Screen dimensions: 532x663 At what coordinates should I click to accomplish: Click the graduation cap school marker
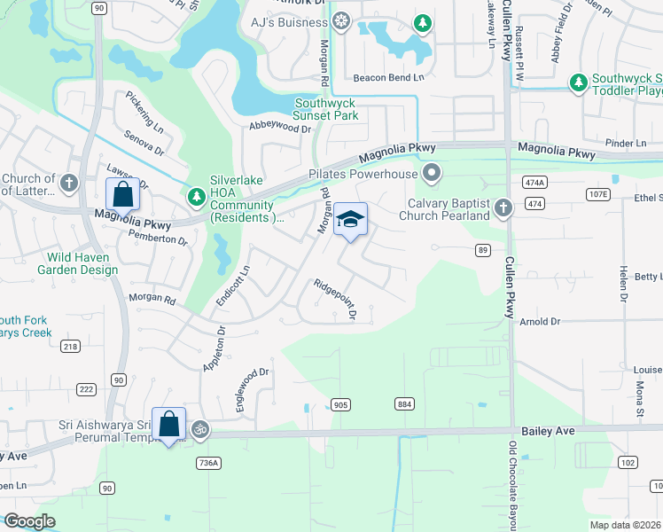point(350,219)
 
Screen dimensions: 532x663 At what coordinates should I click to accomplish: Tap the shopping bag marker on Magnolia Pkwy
point(121,193)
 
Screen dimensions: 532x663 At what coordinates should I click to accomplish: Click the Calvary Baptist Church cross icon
point(503,207)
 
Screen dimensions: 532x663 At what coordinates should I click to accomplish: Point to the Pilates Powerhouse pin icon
point(432,172)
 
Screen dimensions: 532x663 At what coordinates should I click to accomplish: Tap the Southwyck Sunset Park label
point(326,109)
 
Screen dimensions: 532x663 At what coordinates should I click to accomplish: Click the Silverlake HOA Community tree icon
point(196,195)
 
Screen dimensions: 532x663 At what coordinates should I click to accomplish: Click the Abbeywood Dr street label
point(281,128)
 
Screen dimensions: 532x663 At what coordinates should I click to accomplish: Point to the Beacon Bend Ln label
point(389,78)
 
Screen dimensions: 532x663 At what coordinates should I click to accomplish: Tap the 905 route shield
point(340,404)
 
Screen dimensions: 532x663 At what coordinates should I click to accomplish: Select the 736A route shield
point(209,462)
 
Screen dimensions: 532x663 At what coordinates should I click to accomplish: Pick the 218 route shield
point(71,347)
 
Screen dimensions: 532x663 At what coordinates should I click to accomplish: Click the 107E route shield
point(599,194)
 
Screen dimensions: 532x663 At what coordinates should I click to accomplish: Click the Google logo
point(29,521)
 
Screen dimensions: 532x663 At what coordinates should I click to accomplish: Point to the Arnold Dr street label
point(540,321)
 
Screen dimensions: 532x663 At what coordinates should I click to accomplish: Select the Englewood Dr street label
point(252,390)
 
